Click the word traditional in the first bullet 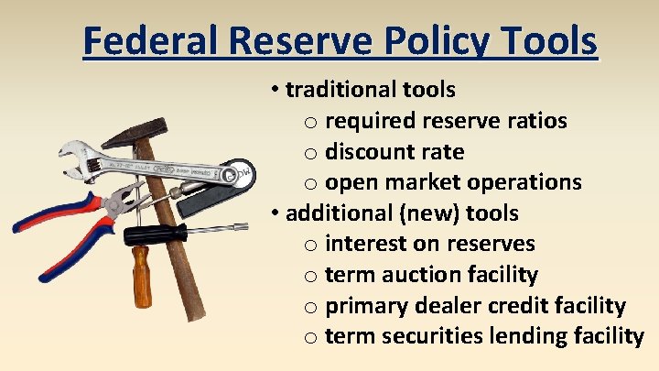point(340,90)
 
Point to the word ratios point(535,121)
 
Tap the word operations point(531,182)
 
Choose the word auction point(417,275)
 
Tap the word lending point(524,336)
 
